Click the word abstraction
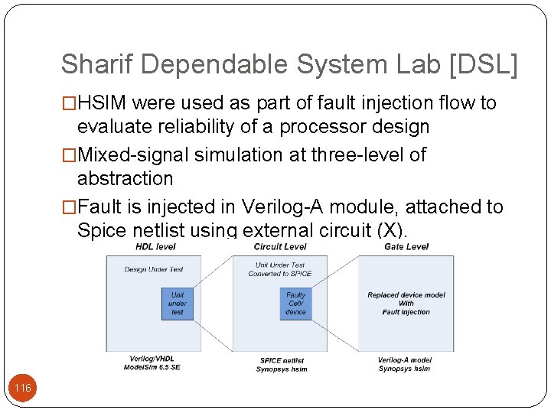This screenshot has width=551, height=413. [126, 178]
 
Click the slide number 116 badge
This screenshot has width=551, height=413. [23, 389]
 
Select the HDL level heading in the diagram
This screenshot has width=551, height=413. [155, 246]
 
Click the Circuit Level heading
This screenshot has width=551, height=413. [280, 246]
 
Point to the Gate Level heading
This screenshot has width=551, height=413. [406, 246]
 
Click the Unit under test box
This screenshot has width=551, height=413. [178, 303]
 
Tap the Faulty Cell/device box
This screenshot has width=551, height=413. [295, 303]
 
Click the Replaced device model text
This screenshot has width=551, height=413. [406, 295]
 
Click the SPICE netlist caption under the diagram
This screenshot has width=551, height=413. [282, 360]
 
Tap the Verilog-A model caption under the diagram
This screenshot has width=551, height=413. [404, 360]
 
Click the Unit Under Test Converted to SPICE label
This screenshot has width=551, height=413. [280, 269]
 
